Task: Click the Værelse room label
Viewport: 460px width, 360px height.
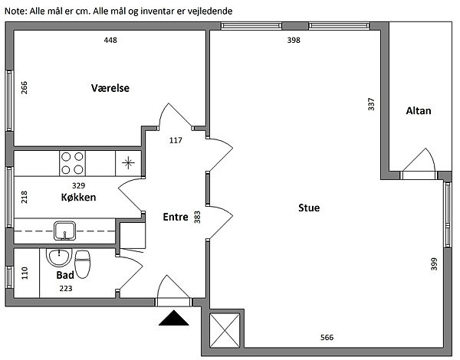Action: point(110,88)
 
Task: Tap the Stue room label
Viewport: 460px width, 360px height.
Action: point(309,208)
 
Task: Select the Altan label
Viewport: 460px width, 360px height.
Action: point(419,110)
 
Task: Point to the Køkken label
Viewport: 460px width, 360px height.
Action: point(78,197)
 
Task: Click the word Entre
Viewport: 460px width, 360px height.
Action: point(176,217)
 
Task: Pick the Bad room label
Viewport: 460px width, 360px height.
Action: point(65,275)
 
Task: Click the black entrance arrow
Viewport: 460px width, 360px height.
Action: point(174,318)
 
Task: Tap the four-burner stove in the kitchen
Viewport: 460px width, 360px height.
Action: point(72,163)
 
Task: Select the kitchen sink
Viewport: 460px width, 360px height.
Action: point(64,231)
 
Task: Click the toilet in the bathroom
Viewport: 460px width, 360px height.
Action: point(83,264)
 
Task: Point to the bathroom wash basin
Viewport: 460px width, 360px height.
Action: point(59,257)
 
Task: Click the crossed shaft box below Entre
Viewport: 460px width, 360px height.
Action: point(225,330)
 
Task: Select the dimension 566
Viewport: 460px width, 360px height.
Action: point(327,338)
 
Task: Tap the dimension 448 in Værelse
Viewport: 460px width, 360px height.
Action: point(110,40)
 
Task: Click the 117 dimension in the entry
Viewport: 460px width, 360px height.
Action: point(176,140)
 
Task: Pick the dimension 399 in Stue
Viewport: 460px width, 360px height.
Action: point(435,263)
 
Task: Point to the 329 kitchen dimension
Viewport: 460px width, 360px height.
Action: point(79,185)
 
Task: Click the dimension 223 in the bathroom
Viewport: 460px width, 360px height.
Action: point(66,289)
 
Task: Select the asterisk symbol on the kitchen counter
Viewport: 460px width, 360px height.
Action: point(128,163)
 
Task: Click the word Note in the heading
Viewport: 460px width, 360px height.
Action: point(15,11)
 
